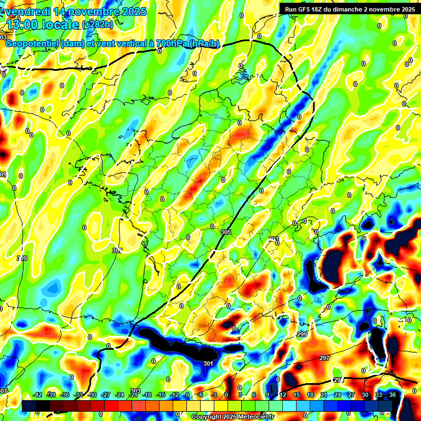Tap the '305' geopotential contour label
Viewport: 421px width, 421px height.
(x=225, y=232)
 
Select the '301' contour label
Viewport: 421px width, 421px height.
(x=208, y=363)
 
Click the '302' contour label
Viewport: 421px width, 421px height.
(x=117, y=251)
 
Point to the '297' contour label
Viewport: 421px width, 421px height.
(x=324, y=358)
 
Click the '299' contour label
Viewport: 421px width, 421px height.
(x=302, y=334)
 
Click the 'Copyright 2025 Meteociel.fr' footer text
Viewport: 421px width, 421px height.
(x=232, y=417)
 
